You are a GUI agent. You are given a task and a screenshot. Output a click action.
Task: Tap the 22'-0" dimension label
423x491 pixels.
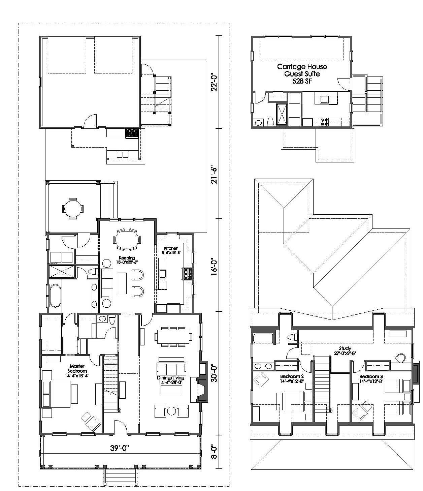pos(214,83)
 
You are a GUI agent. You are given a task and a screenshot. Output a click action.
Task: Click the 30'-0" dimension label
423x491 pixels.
pos(214,374)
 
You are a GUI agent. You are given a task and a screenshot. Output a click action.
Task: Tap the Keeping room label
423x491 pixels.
pos(127,260)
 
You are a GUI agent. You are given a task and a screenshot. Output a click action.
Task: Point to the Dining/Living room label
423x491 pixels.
pos(170,380)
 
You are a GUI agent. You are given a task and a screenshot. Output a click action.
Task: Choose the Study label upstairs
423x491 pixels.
pos(345,350)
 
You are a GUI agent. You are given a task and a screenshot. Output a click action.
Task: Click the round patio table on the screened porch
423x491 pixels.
pos(73,209)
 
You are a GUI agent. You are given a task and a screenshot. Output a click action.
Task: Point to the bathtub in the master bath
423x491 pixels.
pos(55,296)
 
